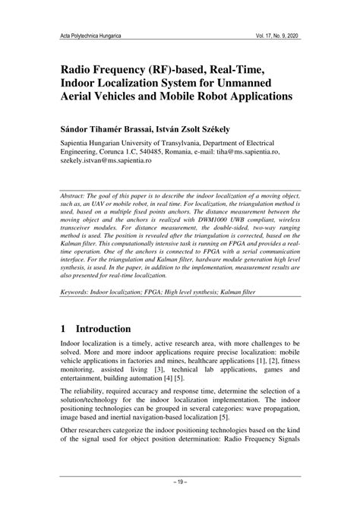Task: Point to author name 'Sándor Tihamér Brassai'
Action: [109, 126]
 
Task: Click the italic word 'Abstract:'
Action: [80, 196]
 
